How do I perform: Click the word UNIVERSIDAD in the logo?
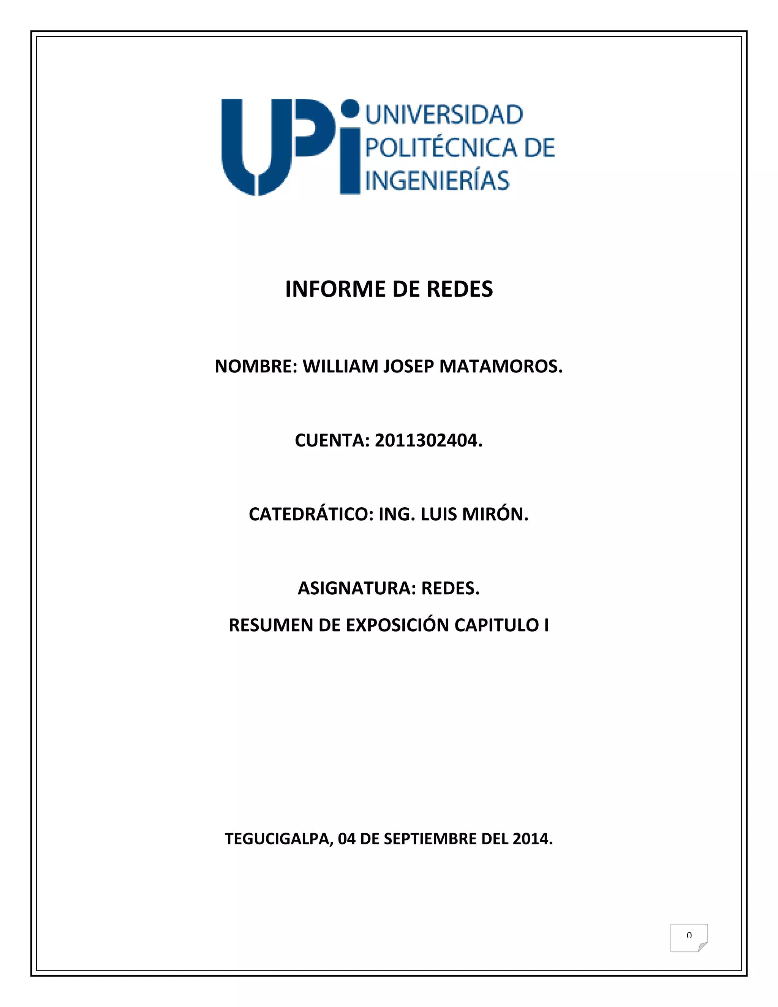(444, 115)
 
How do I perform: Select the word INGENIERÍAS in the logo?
(437, 180)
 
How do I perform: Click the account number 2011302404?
(428, 441)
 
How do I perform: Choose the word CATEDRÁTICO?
(311, 514)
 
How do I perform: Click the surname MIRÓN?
(495, 514)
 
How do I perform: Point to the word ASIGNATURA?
(357, 588)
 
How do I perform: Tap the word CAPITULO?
(494, 625)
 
